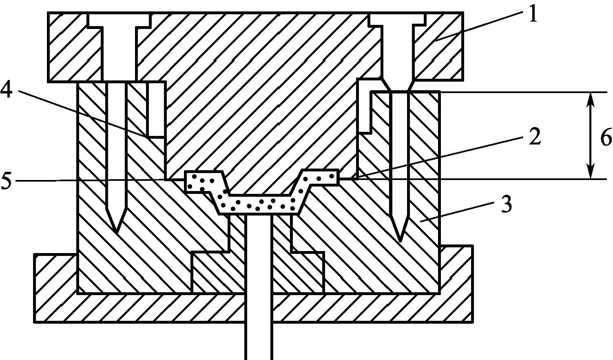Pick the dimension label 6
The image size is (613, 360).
point(606,138)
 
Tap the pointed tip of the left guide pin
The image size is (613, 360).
point(116,231)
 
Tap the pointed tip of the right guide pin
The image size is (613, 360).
point(400,239)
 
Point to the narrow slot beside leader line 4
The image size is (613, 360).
point(156,109)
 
